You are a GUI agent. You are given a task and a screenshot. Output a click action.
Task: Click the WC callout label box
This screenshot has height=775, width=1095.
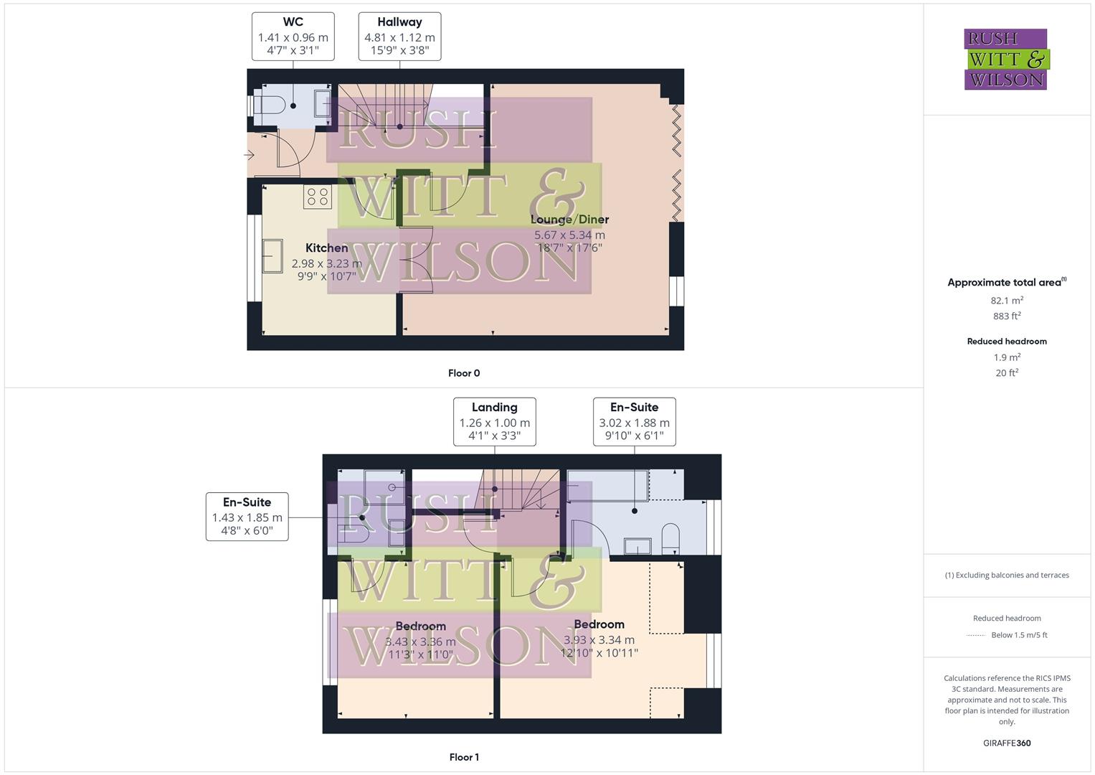tap(293, 36)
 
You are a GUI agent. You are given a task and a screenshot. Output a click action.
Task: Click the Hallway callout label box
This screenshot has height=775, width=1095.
tap(399, 36)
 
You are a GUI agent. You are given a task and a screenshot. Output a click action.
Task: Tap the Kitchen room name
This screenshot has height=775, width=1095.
tap(326, 248)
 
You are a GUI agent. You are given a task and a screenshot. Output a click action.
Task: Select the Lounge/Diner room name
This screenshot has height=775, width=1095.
tap(569, 220)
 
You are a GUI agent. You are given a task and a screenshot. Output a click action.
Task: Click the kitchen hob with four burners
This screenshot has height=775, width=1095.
tap(317, 197)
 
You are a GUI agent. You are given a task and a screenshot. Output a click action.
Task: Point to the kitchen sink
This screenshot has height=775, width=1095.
tap(272, 255)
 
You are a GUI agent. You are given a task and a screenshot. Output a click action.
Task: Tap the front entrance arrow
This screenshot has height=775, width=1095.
tap(250, 155)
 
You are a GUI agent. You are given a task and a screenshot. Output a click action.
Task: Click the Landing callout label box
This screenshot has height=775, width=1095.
tap(494, 421)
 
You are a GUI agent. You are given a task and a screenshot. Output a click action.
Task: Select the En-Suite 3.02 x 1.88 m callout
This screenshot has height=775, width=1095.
tap(634, 421)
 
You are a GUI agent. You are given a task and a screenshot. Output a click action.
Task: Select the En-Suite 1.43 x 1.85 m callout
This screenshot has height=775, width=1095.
tap(247, 516)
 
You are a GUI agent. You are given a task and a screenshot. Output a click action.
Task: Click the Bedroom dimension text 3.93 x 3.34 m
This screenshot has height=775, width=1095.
tap(599, 640)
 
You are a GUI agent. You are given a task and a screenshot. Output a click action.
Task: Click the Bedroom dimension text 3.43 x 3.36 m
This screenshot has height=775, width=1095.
tap(420, 642)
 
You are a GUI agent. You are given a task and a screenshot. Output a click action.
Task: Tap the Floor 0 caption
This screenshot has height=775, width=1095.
tap(464, 373)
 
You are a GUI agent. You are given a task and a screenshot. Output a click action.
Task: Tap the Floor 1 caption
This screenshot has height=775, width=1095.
tap(464, 757)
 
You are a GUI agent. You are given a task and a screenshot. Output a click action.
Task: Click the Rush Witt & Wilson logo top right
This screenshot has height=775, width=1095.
tap(1005, 59)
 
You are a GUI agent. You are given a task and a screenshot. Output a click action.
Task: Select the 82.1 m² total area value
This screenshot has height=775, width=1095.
tap(1007, 301)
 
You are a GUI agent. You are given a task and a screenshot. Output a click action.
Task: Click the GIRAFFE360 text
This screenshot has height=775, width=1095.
tap(1007, 743)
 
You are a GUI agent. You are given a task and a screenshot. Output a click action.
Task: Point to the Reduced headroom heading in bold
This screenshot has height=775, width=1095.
tap(1007, 342)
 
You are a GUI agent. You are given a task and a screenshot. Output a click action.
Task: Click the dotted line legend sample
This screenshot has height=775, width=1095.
tap(976, 635)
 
